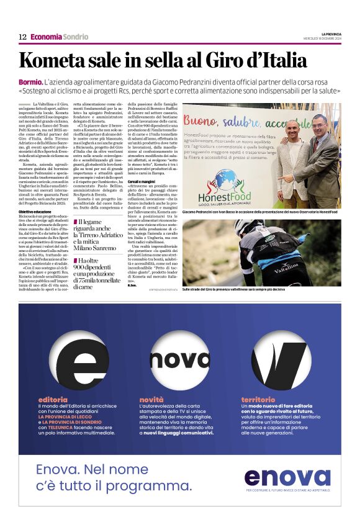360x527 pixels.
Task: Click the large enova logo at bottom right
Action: coord(287,477)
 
